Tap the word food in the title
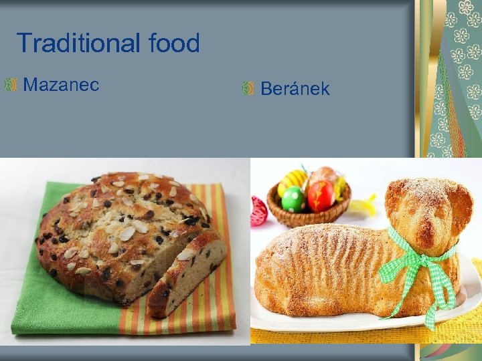174,43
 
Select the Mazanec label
61,85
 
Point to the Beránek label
295,89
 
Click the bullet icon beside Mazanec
11,85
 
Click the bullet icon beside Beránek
248,88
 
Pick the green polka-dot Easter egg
293,199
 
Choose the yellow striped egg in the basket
293,180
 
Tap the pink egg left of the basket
258,211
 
